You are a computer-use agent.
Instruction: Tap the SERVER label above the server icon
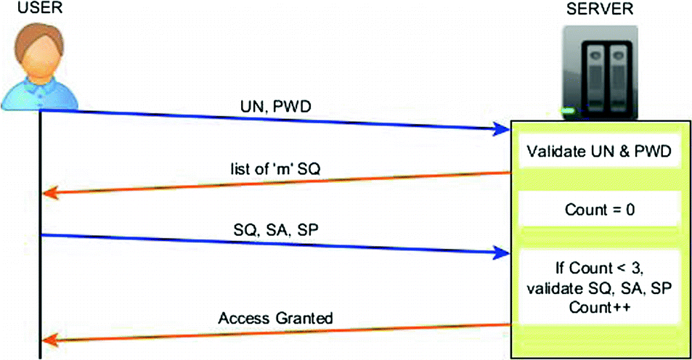599,9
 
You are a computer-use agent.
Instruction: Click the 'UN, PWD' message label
275,107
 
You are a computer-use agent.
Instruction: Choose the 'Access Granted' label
276,318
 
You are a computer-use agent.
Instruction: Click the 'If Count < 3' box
600,288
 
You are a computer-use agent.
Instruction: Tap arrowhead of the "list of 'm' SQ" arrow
50,193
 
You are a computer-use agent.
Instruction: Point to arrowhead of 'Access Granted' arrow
50,339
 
